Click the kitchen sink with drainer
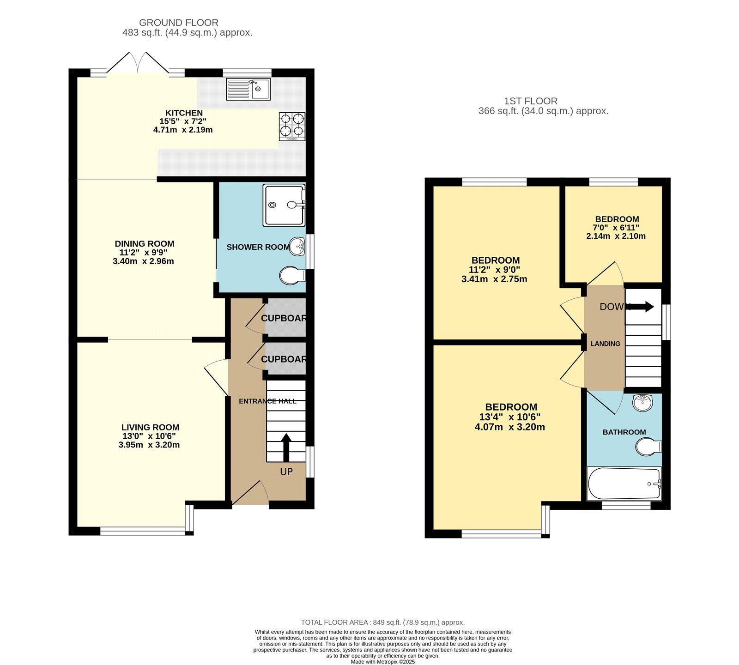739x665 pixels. point(248,89)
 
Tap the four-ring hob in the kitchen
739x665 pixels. point(292,127)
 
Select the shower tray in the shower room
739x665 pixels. point(284,205)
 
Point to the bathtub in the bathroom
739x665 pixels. point(624,484)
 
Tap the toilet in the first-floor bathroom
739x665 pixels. point(648,447)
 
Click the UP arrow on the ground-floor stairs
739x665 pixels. point(286,447)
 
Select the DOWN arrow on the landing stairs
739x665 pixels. point(642,307)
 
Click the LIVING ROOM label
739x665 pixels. point(150,428)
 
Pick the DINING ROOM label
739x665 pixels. point(145,244)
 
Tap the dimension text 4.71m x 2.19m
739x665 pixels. point(183,130)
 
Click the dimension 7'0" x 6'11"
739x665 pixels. point(616,228)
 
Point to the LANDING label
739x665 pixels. point(605,344)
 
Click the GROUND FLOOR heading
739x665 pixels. point(179,23)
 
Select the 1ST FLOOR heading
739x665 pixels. point(530,101)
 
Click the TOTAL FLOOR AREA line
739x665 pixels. point(382,622)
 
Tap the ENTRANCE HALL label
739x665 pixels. point(267,401)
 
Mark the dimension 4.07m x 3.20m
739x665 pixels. point(509,427)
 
